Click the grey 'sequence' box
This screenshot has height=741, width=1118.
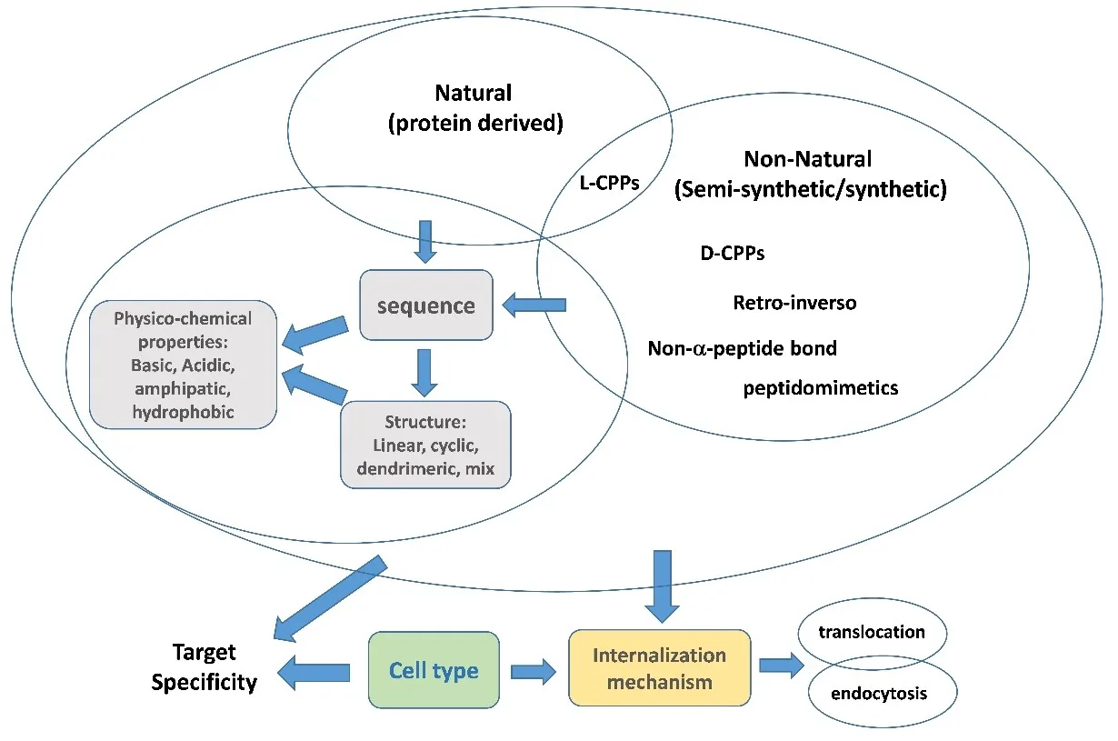[x=426, y=305]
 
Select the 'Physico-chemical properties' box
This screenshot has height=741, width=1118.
[x=184, y=365]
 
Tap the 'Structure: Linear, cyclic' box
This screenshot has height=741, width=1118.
[x=425, y=446]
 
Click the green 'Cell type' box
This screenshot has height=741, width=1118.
[x=434, y=670]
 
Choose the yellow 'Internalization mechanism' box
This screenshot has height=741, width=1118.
[x=659, y=668]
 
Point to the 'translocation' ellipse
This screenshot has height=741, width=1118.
[x=872, y=632]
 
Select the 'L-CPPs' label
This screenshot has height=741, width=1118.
[x=609, y=182]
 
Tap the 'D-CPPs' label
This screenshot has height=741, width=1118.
[x=732, y=254]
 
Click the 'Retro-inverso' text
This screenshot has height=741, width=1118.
[x=794, y=302]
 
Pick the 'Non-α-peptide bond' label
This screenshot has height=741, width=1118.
[x=742, y=348]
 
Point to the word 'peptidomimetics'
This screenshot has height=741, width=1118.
[x=821, y=388]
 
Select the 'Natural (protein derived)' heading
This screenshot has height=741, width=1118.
[x=473, y=107]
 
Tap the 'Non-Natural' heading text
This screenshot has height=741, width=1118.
[x=807, y=159]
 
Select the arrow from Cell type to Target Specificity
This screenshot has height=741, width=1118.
[x=314, y=673]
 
